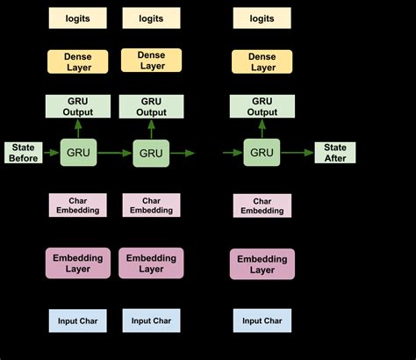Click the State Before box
(23, 152)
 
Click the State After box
(334, 152)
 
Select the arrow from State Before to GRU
(50, 152)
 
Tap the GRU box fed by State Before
(77, 152)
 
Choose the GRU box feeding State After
(262, 152)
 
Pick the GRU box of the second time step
(151, 153)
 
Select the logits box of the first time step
(77, 18)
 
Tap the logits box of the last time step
(262, 18)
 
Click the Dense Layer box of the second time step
(151, 61)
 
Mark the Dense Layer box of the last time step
(262, 61)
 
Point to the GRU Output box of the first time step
(77, 106)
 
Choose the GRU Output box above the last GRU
(262, 106)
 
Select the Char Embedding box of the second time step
(151, 205)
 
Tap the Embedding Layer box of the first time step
(77, 263)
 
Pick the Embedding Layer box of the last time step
(262, 264)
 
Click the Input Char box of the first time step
(77, 321)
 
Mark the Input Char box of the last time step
(262, 321)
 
